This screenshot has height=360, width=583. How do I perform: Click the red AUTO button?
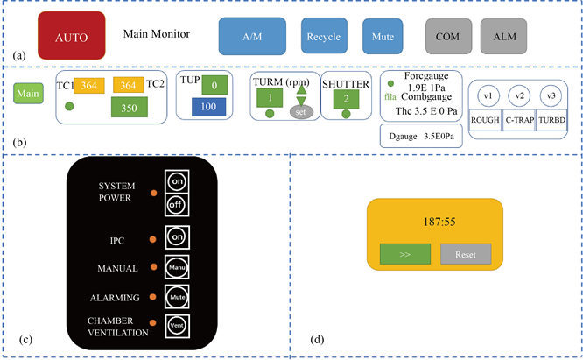(72, 38)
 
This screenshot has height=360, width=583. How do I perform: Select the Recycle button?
(323, 37)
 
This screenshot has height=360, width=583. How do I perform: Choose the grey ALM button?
(503, 37)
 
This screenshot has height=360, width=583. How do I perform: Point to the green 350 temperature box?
(129, 108)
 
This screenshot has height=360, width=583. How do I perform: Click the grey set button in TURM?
(301, 112)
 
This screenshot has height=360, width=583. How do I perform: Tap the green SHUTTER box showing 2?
(347, 99)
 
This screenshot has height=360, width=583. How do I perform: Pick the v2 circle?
(520, 95)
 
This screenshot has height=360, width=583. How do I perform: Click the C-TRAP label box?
(519, 121)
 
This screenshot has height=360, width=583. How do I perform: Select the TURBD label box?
(551, 121)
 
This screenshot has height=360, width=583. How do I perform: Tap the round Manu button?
(176, 265)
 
